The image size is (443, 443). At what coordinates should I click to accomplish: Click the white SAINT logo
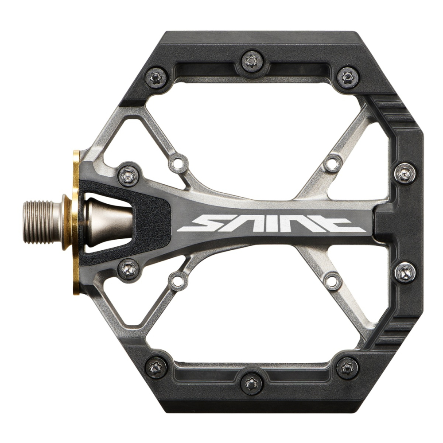click(271, 224)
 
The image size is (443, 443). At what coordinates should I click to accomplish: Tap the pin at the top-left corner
click(154, 77)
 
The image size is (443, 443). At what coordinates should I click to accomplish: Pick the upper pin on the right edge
click(405, 172)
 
